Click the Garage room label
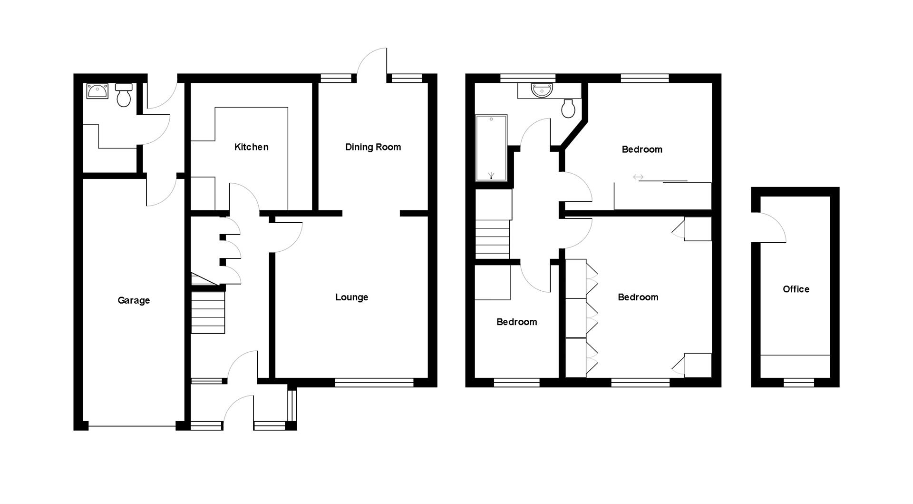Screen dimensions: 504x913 (x=134, y=300)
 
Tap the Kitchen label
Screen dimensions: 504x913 (x=251, y=147)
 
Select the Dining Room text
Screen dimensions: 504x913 (x=373, y=147)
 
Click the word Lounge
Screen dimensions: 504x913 (x=351, y=297)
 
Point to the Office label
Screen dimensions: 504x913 (x=796, y=289)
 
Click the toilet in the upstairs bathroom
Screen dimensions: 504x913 (x=568, y=109)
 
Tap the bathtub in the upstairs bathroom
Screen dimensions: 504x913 (x=491, y=148)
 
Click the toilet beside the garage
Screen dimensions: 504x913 (x=124, y=95)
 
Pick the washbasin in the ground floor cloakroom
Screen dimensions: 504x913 (x=97, y=90)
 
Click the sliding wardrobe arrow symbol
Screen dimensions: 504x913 (x=638, y=177)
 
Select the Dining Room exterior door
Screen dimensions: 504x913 (x=373, y=64)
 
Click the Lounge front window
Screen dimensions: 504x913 (x=374, y=382)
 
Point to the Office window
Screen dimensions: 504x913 (x=798, y=382)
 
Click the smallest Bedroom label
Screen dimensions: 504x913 (x=516, y=322)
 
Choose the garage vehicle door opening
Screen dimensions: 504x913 (x=132, y=426)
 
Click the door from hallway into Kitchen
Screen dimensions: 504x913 (x=243, y=198)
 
